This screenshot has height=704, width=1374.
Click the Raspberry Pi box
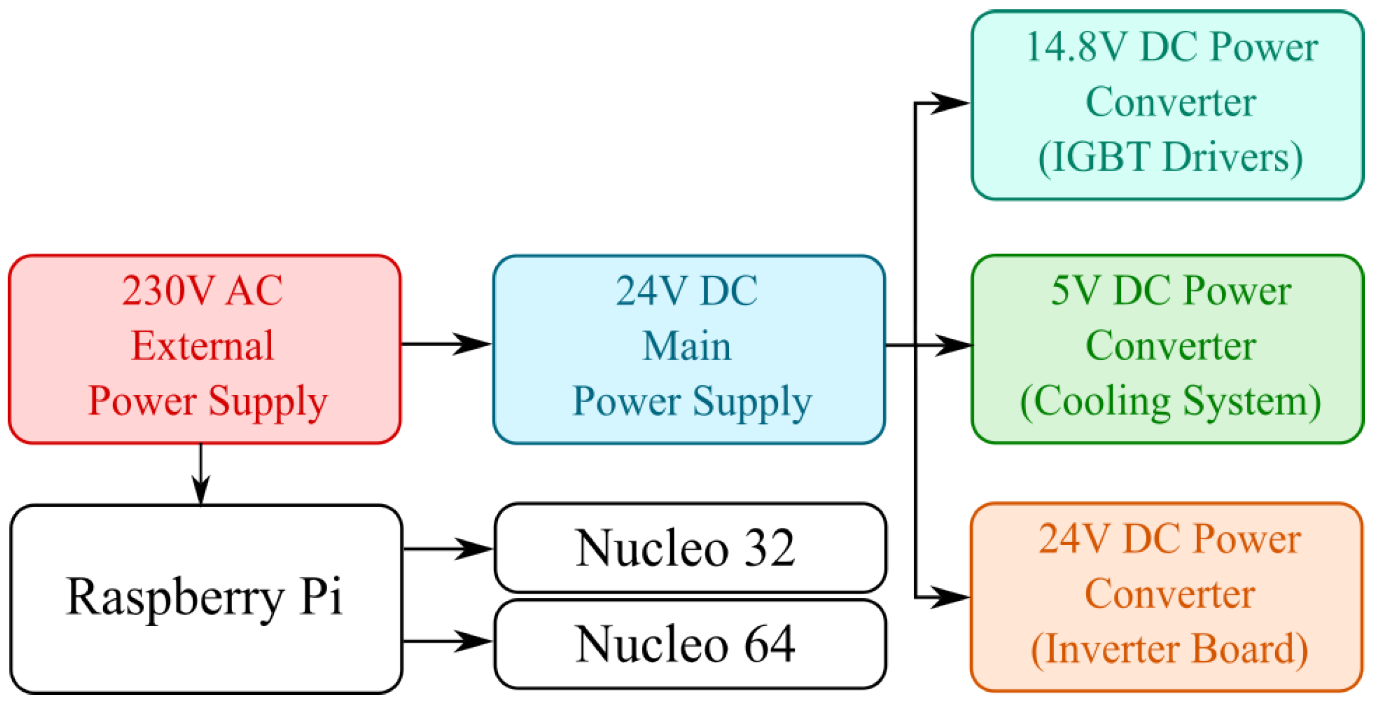[x=206, y=599]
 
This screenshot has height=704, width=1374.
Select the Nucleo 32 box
[x=690, y=548]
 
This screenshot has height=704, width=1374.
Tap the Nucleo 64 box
[x=690, y=644]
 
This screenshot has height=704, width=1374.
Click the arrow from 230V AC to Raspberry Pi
[x=201, y=475]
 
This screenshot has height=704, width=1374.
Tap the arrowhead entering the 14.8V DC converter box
[x=951, y=103]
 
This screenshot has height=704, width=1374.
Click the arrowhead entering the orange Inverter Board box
[x=951, y=597]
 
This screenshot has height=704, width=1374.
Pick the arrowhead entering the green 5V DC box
[x=954, y=345]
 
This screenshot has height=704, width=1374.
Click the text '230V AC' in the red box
[x=203, y=290]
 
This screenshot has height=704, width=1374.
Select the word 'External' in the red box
[x=203, y=346]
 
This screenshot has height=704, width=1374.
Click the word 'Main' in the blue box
[x=687, y=346]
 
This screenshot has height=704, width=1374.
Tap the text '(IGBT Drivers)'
[x=1171, y=158]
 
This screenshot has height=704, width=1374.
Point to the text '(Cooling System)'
[x=1171, y=401]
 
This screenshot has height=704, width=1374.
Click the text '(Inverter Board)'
[x=1170, y=650]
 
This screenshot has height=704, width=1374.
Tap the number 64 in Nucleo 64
[x=769, y=644]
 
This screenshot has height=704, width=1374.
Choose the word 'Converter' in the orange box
[x=1170, y=595]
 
